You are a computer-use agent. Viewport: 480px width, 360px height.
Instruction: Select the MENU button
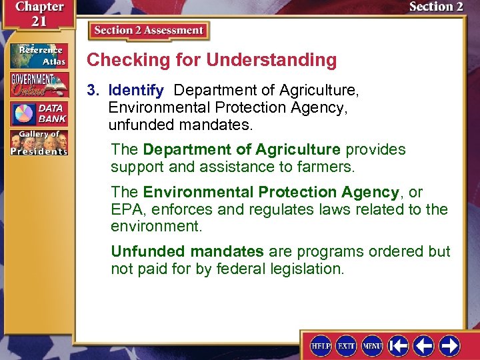372,345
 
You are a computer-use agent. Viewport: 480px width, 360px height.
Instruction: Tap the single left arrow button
424,345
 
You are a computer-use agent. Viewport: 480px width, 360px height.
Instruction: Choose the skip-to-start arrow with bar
399,345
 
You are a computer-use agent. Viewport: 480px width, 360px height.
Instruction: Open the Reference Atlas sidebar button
38,55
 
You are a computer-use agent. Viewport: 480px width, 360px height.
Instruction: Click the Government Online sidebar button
38,85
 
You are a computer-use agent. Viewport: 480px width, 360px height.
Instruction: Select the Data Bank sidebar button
38,113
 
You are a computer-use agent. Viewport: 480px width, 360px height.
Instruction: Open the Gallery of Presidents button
38,143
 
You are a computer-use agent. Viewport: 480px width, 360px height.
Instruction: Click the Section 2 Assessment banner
148,31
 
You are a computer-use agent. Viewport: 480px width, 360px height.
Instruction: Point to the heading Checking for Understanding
212,60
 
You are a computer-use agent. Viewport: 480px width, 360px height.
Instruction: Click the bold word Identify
136,90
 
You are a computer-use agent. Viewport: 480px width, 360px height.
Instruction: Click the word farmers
331,167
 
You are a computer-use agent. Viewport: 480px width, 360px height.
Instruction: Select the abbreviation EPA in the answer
125,209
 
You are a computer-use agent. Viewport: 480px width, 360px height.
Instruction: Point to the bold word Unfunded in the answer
149,252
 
